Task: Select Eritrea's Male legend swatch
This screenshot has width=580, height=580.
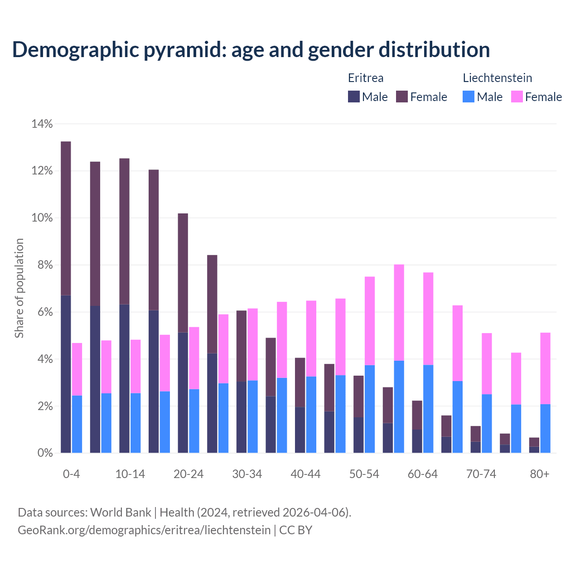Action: (354, 97)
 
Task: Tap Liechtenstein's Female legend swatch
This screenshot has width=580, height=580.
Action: (517, 97)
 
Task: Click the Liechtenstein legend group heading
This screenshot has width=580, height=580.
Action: (497, 78)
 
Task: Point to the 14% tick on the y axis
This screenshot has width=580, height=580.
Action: (42, 124)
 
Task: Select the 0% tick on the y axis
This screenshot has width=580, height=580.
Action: (44, 453)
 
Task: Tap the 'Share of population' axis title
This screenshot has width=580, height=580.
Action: (19, 288)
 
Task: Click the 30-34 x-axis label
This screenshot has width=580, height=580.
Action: (247, 474)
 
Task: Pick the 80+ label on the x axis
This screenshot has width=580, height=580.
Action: (540, 474)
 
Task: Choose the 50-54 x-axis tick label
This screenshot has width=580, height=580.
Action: (364, 474)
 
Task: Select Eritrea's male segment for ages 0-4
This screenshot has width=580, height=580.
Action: (66, 374)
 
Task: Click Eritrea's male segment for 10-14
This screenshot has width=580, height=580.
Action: (124, 378)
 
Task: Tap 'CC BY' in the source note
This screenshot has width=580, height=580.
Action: (295, 530)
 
